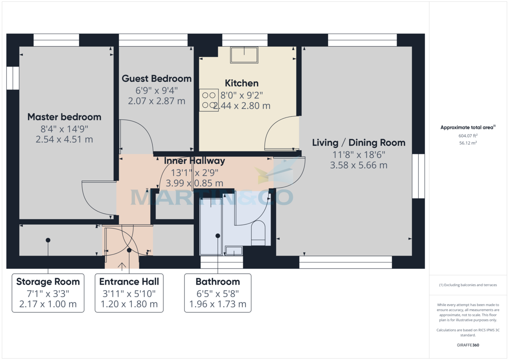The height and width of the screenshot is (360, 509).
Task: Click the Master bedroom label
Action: point(64,117)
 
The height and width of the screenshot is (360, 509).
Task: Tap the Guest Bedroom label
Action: point(157,78)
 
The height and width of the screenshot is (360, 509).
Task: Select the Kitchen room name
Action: point(241,83)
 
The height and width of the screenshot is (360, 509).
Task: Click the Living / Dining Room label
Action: point(358,142)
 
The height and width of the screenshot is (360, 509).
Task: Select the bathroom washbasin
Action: point(233,251)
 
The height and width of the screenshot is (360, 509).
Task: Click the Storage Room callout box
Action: point(48,293)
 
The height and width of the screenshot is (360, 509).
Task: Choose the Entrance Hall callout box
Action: point(129,293)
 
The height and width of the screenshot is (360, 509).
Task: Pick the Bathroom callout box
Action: point(218,293)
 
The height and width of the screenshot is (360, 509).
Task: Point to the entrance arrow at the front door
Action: point(122,266)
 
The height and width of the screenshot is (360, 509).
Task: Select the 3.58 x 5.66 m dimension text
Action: point(358,165)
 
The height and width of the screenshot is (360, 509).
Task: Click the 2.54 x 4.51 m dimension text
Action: point(64,139)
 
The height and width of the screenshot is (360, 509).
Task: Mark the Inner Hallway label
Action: point(194,161)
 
